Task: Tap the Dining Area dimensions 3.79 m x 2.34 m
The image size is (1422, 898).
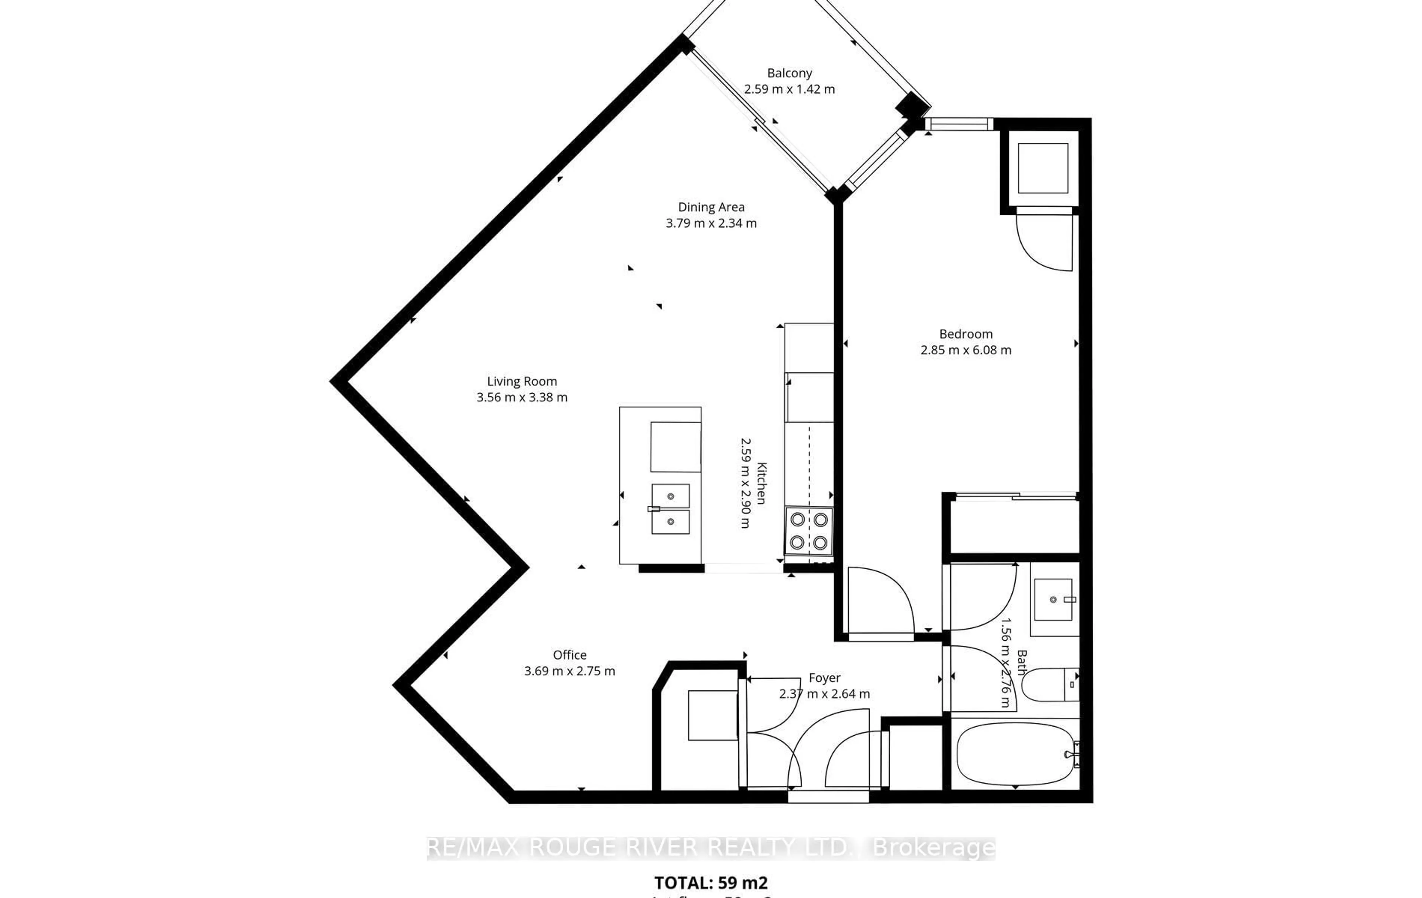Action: [711, 223]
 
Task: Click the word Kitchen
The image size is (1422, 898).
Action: [761, 483]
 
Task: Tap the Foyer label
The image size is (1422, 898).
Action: [824, 678]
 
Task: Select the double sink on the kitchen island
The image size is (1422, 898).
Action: [670, 509]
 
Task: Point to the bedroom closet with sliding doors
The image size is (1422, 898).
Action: [1014, 525]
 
